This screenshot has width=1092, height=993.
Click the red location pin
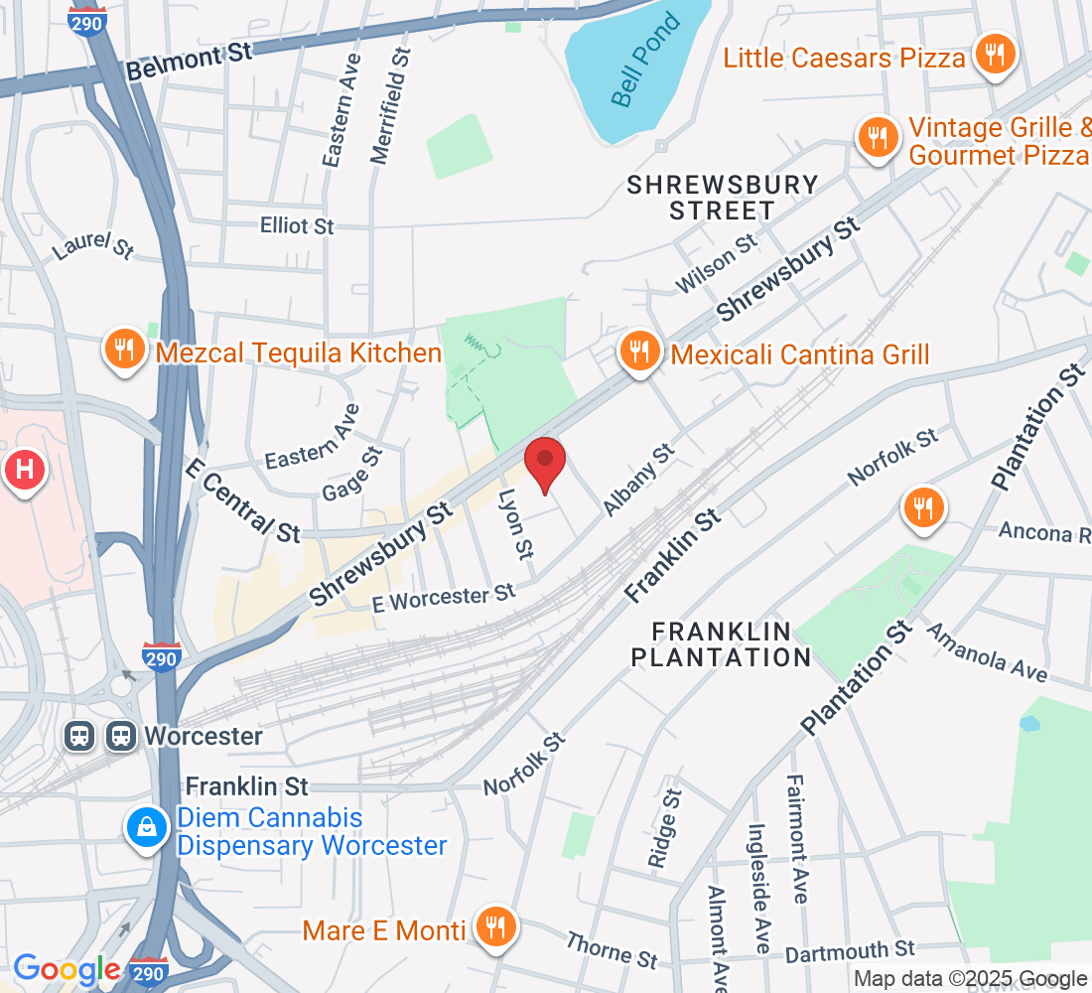click(545, 462)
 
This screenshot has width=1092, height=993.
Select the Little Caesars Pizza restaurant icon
click(993, 55)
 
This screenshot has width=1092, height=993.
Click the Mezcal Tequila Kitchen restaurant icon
click(124, 352)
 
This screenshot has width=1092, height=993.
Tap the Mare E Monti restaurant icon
click(493, 928)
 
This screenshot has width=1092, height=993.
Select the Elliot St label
click(297, 226)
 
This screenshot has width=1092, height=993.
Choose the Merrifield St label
click(390, 105)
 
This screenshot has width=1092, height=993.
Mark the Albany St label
click(638, 480)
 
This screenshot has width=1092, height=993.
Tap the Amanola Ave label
click(987, 651)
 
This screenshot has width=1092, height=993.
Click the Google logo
click(67, 969)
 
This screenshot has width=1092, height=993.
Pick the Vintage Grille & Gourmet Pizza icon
click(877, 138)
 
